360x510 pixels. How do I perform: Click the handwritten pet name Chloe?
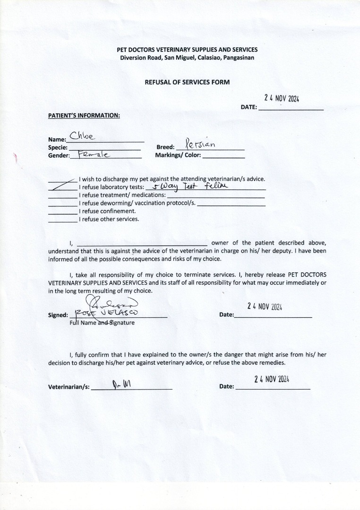83,136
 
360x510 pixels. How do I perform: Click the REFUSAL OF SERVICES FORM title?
187,82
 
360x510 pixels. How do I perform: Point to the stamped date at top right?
282,98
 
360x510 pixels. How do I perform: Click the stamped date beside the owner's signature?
265,306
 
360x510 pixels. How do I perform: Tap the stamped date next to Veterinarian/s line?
272,379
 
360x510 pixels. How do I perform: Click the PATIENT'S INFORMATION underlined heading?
84,115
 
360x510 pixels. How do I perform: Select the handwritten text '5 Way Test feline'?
187,186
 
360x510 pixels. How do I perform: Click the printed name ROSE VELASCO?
107,313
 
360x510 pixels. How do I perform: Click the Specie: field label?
58,147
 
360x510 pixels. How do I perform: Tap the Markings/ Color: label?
178,155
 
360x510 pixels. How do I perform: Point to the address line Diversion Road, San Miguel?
187,58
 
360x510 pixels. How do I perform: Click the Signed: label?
58,315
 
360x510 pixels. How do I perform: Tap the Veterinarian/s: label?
69,387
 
